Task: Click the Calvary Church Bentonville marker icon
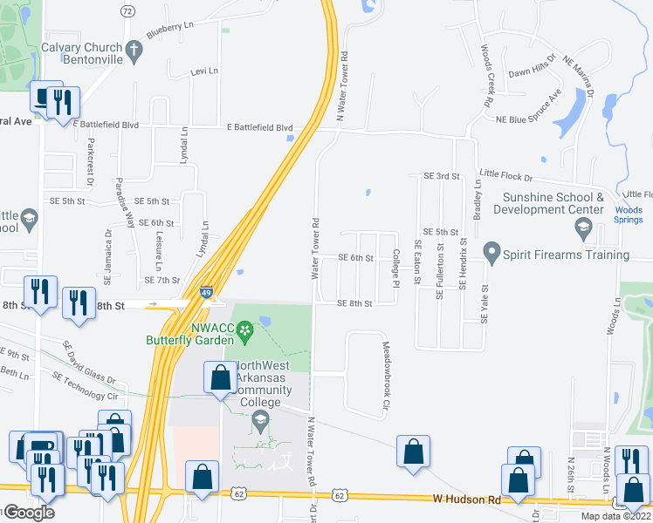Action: click(x=134, y=52)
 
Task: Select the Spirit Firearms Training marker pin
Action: click(x=491, y=254)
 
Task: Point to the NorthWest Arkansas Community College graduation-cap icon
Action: click(x=259, y=422)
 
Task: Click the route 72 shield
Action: click(x=128, y=10)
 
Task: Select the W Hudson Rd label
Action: click(x=467, y=500)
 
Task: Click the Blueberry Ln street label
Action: click(x=169, y=30)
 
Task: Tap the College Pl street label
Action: click(x=395, y=269)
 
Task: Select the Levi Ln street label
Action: click(x=203, y=71)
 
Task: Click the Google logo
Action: click(x=29, y=513)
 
